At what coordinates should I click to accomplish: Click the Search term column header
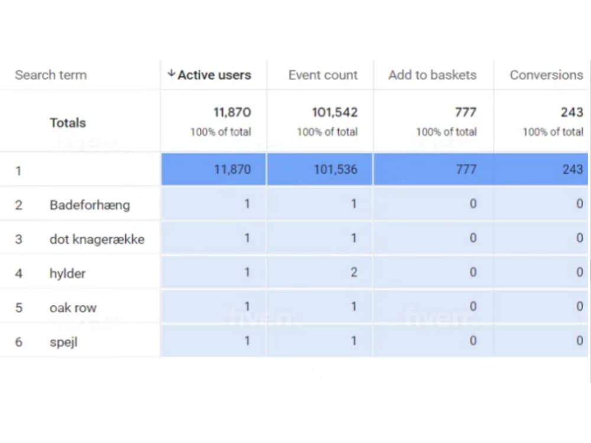[51, 75]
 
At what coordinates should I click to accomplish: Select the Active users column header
[214, 75]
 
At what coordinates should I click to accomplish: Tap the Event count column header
[323, 75]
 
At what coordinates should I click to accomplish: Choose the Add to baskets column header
[432, 75]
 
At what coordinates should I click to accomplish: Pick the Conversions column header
[546, 75]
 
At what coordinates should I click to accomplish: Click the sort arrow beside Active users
[171, 74]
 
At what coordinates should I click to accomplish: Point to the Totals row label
[67, 123]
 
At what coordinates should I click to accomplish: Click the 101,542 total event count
[335, 112]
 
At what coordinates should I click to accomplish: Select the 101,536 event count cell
[335, 170]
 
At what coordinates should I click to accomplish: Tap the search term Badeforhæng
[89, 205]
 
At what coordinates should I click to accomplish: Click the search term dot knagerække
[97, 239]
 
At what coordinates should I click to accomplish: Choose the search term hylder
[67, 273]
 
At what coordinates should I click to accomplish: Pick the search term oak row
[73, 308]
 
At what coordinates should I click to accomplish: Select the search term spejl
[63, 342]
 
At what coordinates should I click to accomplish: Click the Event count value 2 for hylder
[353, 272]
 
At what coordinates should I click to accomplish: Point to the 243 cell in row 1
[572, 170]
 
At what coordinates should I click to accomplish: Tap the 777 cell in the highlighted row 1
[466, 170]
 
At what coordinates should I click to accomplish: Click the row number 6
[18, 342]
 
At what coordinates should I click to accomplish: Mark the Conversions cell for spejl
[579, 341]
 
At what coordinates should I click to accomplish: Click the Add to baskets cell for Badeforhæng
[472, 204]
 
